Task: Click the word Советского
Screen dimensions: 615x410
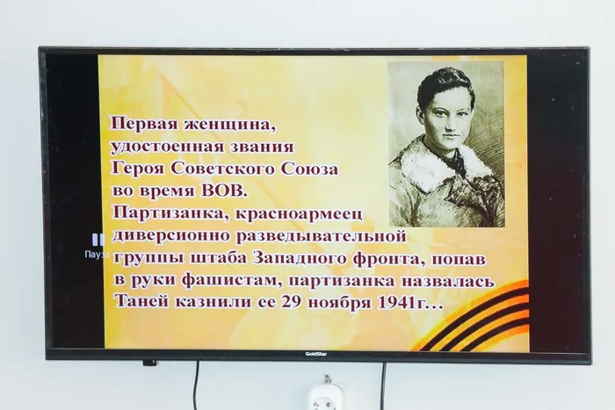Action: (x=223, y=169)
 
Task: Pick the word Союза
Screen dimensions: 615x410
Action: (x=309, y=169)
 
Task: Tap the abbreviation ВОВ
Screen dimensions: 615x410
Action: (x=224, y=191)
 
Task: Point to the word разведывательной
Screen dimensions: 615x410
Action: (x=322, y=236)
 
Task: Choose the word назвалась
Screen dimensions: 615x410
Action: (x=447, y=282)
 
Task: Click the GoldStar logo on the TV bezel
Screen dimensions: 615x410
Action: (x=316, y=354)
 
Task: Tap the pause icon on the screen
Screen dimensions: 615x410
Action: (x=98, y=240)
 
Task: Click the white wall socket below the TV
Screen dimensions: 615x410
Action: (x=324, y=397)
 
